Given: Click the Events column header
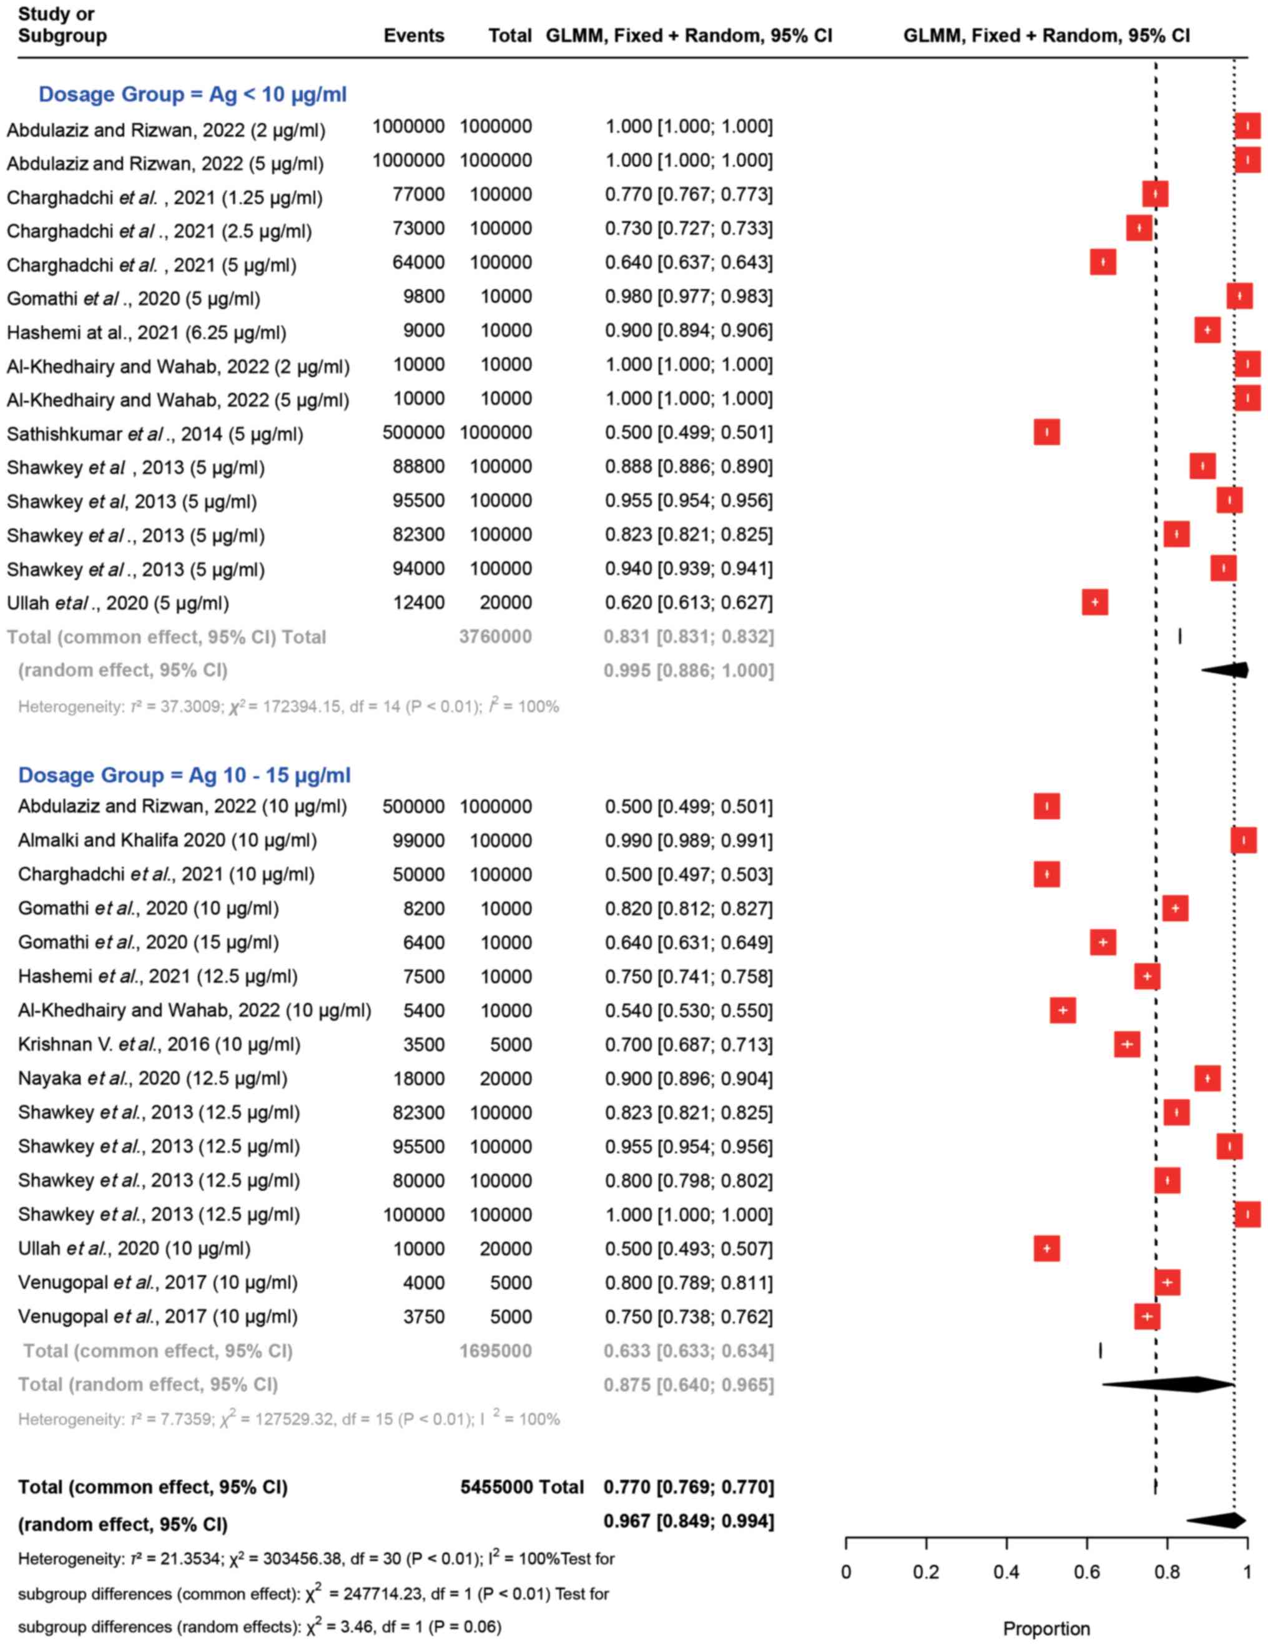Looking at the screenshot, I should pos(414,36).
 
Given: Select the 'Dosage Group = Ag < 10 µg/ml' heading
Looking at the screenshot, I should pos(192,94).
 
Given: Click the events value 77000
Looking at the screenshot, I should pos(418,194).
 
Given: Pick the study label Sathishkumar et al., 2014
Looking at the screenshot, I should pos(154,434).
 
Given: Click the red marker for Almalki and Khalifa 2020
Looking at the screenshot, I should pos(1243,840).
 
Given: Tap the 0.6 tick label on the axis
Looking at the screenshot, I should pos(1086,1572).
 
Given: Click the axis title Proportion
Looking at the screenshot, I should pos(1046,1629).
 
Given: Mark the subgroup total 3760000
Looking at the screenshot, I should pos(495,637).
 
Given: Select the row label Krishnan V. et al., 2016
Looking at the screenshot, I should pos(159,1045).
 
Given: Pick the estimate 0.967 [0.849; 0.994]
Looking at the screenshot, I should pos(689,1521).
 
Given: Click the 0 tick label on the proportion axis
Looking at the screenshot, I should pos(846,1572).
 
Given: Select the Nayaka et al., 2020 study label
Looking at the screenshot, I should pos(152,1078).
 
